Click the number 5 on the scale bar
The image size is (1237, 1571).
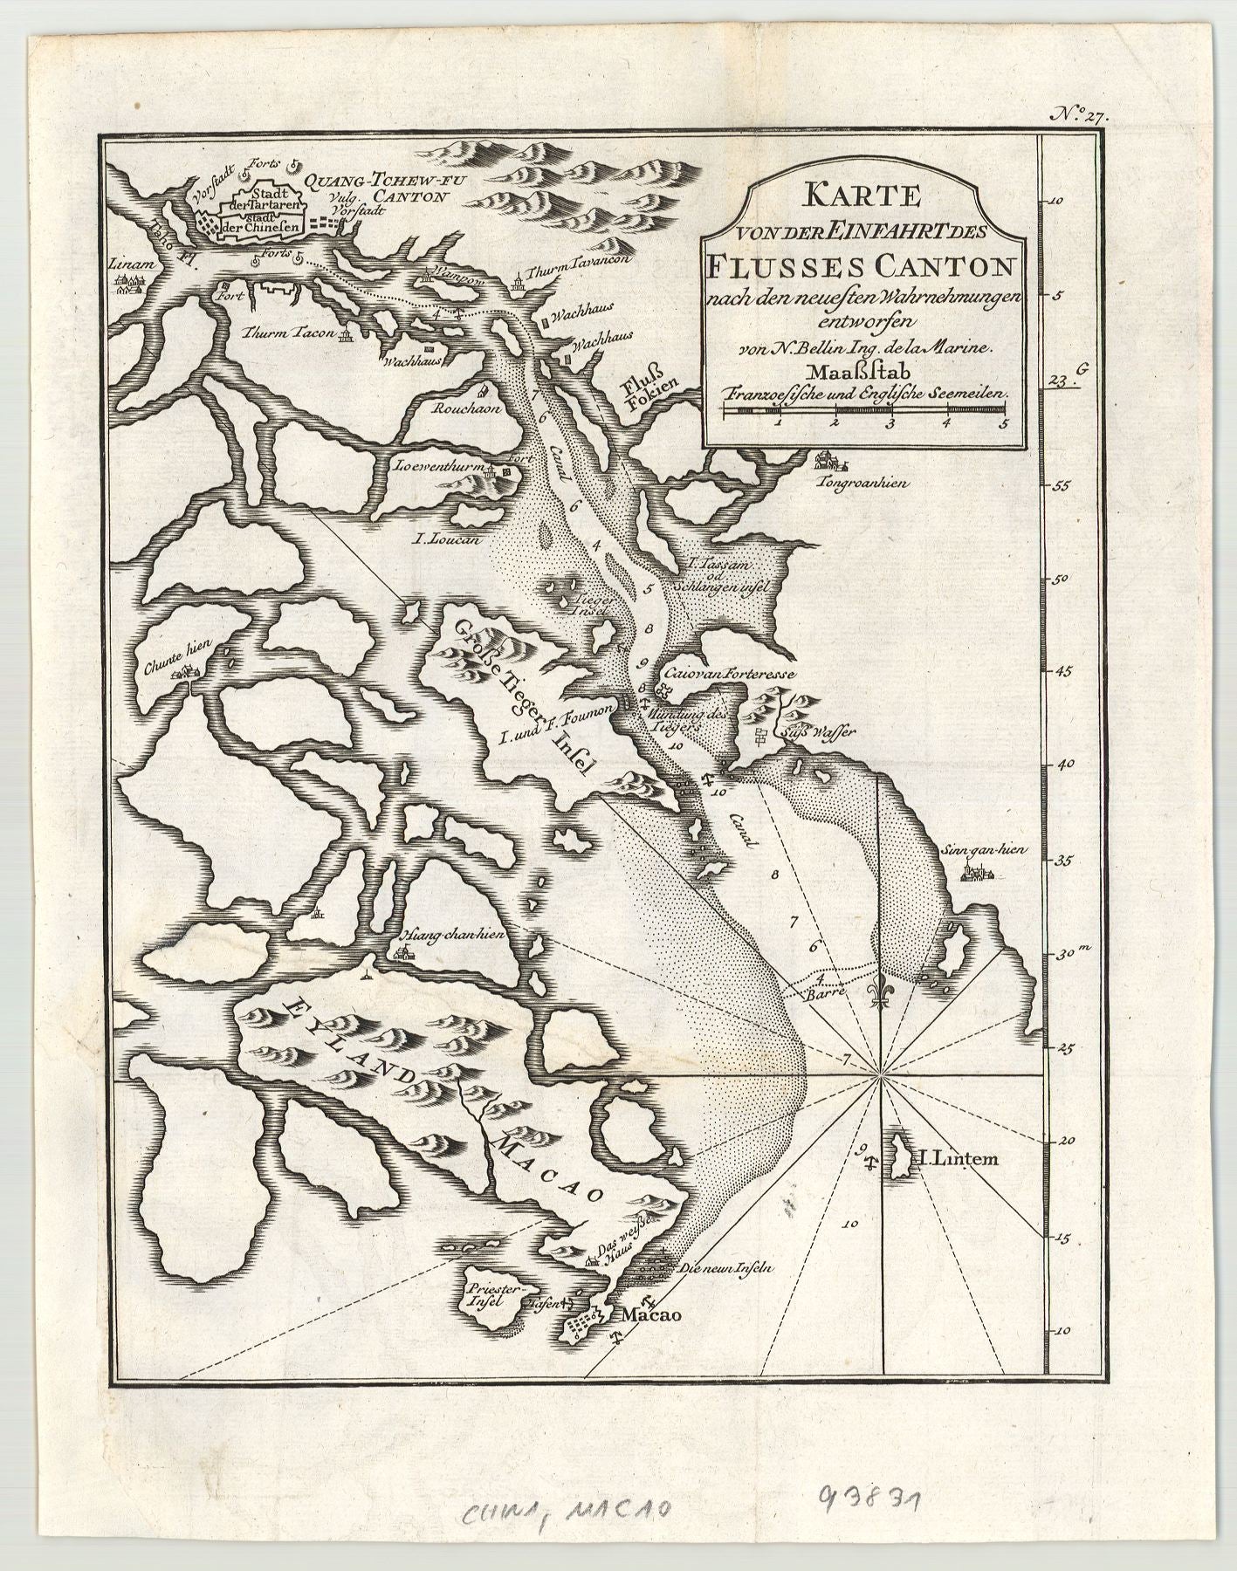tap(1003, 425)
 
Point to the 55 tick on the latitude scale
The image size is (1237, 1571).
tap(1064, 485)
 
